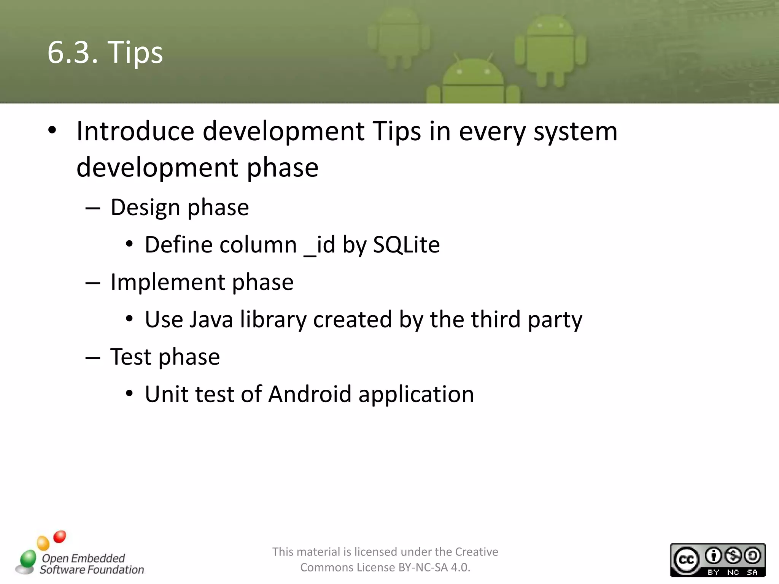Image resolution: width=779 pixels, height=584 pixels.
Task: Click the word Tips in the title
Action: (135, 52)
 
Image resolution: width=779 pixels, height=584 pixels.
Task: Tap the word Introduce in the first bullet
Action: (135, 131)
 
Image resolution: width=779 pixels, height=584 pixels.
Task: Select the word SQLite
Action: (406, 244)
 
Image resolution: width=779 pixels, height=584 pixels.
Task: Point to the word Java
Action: (211, 319)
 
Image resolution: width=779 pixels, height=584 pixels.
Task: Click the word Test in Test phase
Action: (131, 357)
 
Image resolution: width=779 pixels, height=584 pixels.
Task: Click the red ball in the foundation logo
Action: (60, 536)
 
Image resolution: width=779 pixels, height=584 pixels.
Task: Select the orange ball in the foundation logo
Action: (43, 543)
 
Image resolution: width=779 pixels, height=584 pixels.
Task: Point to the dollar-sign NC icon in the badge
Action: (733, 556)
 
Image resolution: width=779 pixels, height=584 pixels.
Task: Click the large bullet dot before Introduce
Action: (52, 130)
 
